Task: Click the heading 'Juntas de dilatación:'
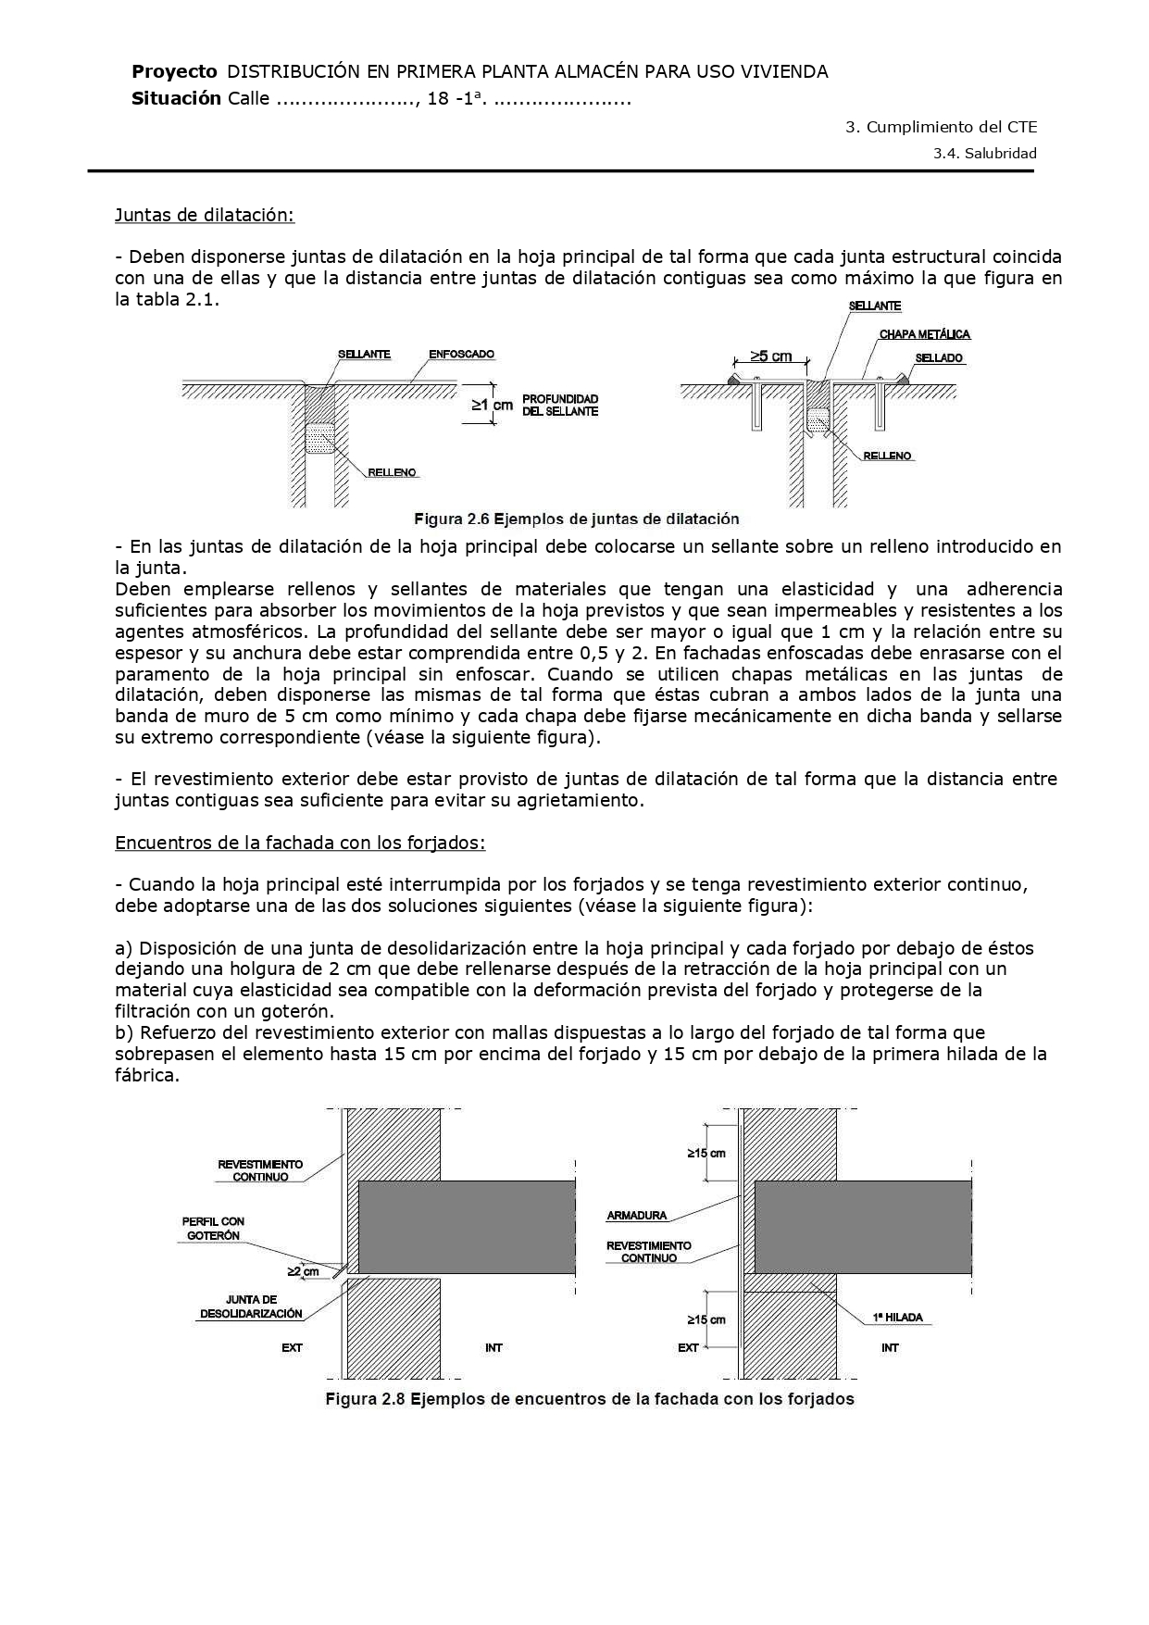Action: (204, 215)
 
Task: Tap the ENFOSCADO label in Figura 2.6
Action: (462, 355)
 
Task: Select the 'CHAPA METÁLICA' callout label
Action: (925, 334)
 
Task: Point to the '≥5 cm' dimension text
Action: (771, 356)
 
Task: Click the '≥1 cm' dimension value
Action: (493, 405)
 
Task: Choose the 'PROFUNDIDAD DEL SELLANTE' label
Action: (560, 405)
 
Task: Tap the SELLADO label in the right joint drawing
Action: (939, 358)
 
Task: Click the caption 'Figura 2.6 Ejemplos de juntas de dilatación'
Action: (576, 519)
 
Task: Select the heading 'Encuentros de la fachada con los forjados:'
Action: (300, 843)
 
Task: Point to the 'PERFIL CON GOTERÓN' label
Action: (213, 1228)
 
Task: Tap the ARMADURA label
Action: (636, 1216)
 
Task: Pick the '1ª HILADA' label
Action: (897, 1317)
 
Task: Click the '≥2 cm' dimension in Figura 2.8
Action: (303, 1271)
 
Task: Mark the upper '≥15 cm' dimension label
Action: (706, 1153)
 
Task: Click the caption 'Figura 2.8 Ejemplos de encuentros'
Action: (589, 1398)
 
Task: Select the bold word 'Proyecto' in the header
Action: (174, 71)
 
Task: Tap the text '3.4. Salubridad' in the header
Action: (984, 154)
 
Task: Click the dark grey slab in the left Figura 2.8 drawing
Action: (466, 1226)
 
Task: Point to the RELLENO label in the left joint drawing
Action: (393, 472)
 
